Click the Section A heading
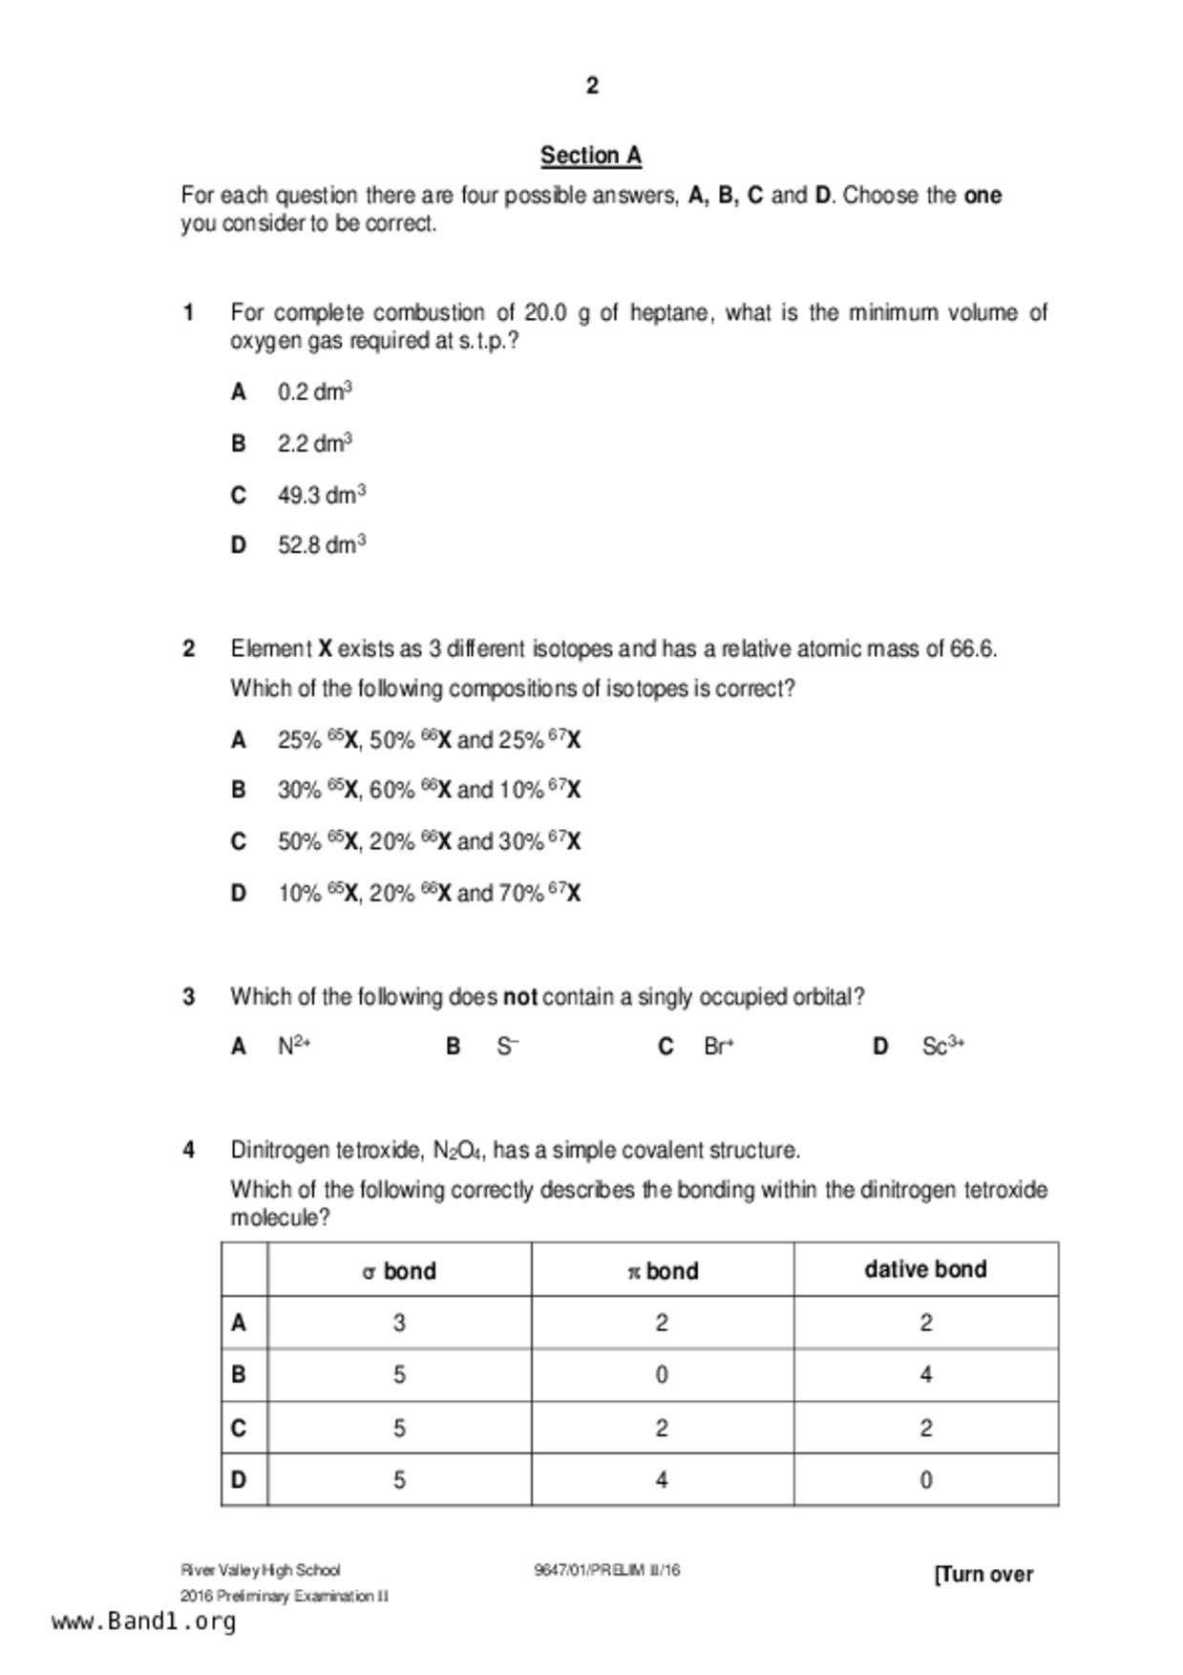pos(591,155)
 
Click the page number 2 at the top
pos(592,86)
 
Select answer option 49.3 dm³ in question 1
pos(322,495)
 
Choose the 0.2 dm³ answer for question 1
pos(315,392)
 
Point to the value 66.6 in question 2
pos(973,648)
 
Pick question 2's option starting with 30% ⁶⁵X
pos(429,790)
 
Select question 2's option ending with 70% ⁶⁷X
pos(429,893)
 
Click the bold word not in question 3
pos(520,997)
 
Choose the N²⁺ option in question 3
pos(294,1046)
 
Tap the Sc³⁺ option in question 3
pos(942,1046)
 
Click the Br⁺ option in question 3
pos(718,1046)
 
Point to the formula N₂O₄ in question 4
pos(457,1150)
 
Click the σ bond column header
pos(399,1271)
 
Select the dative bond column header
pos(925,1269)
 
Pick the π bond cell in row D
pos(662,1479)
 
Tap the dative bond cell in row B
pos(925,1374)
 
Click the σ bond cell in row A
pos(399,1323)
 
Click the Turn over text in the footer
pos(983,1574)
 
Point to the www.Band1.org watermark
pos(143,1622)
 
